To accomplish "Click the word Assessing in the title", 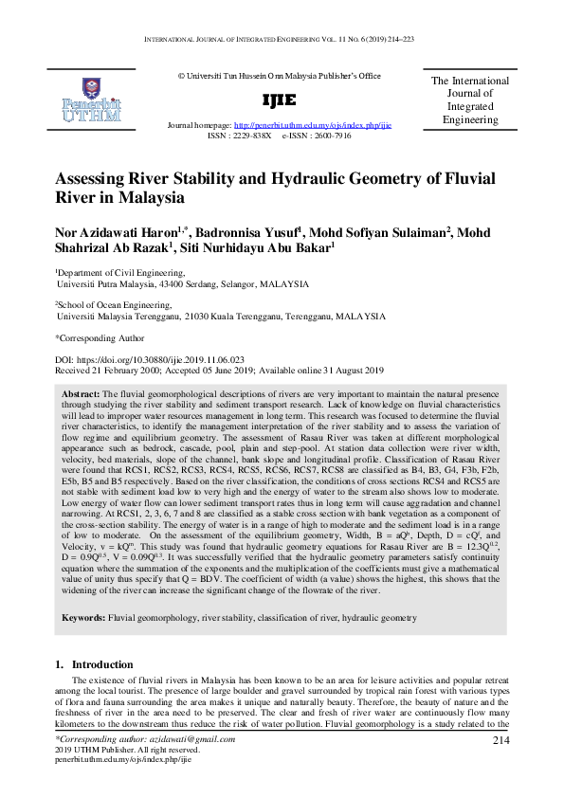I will (x=94, y=179).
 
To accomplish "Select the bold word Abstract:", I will (x=81, y=392).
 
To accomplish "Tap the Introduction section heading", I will (x=102, y=664).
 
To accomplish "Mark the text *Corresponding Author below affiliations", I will (x=100, y=337).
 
